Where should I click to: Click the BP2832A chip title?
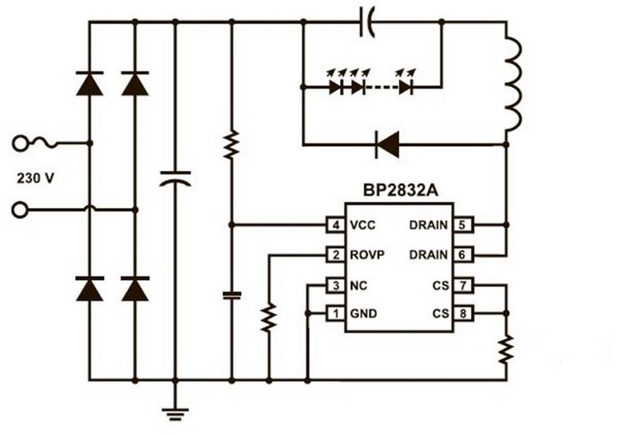[x=400, y=193]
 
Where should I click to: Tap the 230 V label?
[x=36, y=178]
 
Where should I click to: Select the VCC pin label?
[x=363, y=225]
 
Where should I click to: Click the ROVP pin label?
[x=367, y=255]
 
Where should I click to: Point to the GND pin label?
[x=363, y=314]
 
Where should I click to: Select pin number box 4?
[x=336, y=225]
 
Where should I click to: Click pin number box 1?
[x=336, y=314]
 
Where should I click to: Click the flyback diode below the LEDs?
[x=387, y=144]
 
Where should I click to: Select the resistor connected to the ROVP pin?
[x=268, y=316]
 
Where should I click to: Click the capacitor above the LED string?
[x=366, y=22]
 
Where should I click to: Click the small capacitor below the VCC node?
[x=231, y=295]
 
